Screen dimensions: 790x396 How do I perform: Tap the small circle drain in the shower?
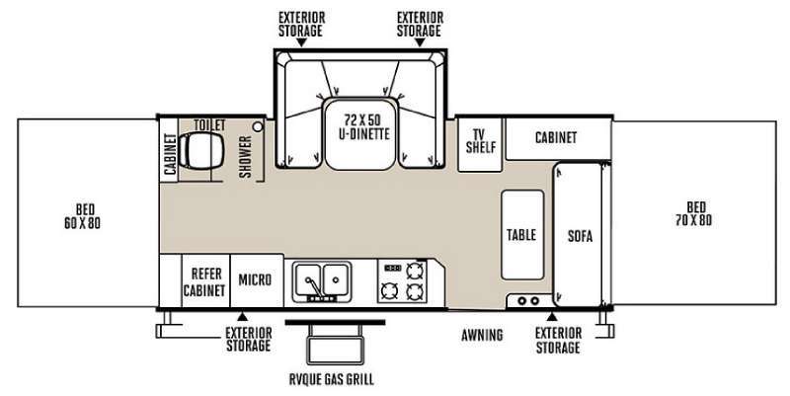click(x=258, y=127)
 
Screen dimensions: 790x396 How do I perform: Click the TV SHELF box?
click(x=480, y=142)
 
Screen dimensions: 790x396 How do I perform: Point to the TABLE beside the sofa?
click(x=522, y=235)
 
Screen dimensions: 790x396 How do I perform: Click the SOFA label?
click(x=580, y=236)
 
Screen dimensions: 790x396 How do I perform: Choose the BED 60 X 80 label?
click(x=83, y=216)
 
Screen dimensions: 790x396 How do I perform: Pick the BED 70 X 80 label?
click(x=694, y=213)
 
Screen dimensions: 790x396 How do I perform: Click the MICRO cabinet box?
click(x=257, y=280)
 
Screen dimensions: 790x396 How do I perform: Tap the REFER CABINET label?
click(x=204, y=282)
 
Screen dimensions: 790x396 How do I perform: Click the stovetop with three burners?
click(x=403, y=281)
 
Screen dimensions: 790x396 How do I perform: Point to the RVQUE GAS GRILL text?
click(x=332, y=379)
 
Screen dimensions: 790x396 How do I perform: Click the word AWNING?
click(x=482, y=335)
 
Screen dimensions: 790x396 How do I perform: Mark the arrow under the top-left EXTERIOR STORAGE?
click(x=301, y=43)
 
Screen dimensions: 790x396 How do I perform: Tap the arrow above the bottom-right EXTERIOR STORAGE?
click(x=552, y=317)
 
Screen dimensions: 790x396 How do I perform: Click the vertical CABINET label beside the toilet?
click(x=170, y=154)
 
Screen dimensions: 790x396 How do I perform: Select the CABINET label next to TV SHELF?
click(x=556, y=137)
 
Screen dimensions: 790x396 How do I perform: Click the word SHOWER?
click(x=245, y=157)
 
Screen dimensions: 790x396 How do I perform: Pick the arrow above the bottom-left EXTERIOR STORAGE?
click(x=242, y=317)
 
